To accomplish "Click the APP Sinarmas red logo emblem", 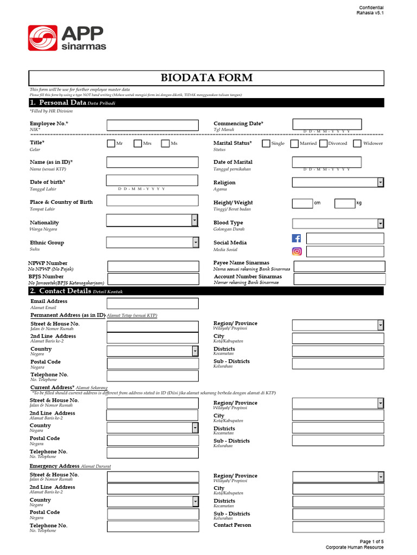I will (x=42, y=38).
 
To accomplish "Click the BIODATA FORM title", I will (x=206, y=78).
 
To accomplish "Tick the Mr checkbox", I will (x=111, y=144).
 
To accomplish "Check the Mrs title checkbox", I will (x=138, y=144).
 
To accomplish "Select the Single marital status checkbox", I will (x=266, y=144).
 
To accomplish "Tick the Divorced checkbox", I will (x=323, y=144).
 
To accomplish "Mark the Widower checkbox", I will (x=357, y=144).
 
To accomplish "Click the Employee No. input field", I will (x=152, y=125).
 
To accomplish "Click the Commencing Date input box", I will (x=327, y=124).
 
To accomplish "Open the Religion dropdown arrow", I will (x=381, y=183).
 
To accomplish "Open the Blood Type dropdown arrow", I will (x=381, y=223).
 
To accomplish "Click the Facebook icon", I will (x=297, y=238).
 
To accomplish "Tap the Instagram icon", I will (x=297, y=251).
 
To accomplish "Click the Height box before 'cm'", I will (x=302, y=203).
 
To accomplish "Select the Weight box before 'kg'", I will (x=344, y=203).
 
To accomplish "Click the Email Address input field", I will (x=153, y=303).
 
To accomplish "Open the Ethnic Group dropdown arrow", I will (x=195, y=243).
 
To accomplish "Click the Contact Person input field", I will (x=338, y=527).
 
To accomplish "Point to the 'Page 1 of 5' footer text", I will (x=371, y=541).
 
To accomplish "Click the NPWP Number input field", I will (x=153, y=266).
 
